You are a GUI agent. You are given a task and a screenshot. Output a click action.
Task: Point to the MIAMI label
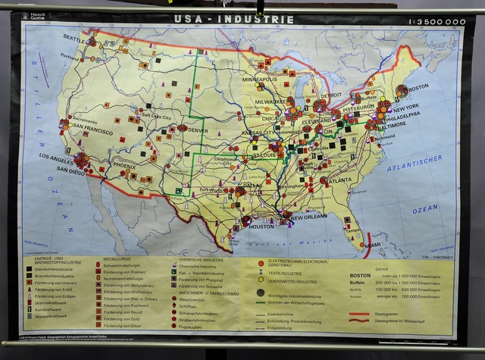pyautogui.click(x=372, y=245)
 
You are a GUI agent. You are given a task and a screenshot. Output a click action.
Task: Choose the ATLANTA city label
pyautogui.click(x=341, y=180)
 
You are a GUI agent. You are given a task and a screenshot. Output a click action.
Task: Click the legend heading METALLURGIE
pyautogui.click(x=113, y=259)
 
